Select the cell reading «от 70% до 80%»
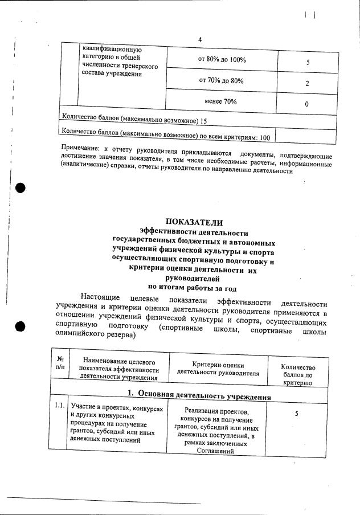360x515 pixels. point(221,81)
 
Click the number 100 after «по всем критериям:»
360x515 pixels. point(264,137)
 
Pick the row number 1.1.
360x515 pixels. point(58,407)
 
